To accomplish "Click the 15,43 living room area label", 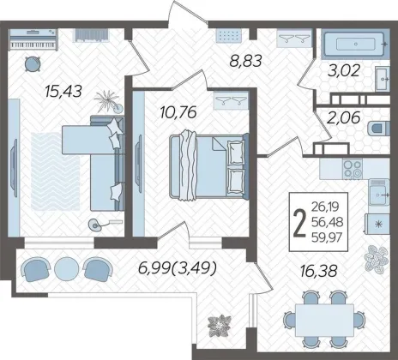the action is pos(63,92).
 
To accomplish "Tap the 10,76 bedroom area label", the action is pos(178,112).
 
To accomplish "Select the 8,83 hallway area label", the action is pos(245,61).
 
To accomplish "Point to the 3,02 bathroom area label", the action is pos(343,70).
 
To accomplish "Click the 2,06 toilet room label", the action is pos(343,117).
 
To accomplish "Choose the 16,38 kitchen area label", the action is pos(319,271).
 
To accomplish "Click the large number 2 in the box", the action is pos(299,223).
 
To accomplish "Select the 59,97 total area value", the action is pos(327,237).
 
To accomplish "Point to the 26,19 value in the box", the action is pos(325,206).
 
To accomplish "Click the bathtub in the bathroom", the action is pos(355,44).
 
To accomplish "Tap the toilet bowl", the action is pos(378,128).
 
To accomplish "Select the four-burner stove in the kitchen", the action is pos(353,169).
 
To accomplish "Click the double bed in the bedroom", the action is pos(208,165).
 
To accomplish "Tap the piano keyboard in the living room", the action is pos(33,45).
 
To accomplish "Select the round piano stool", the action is pos(32,64).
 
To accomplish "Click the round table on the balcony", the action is pos(66,268).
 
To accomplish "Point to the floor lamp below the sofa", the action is pos(97,225).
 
